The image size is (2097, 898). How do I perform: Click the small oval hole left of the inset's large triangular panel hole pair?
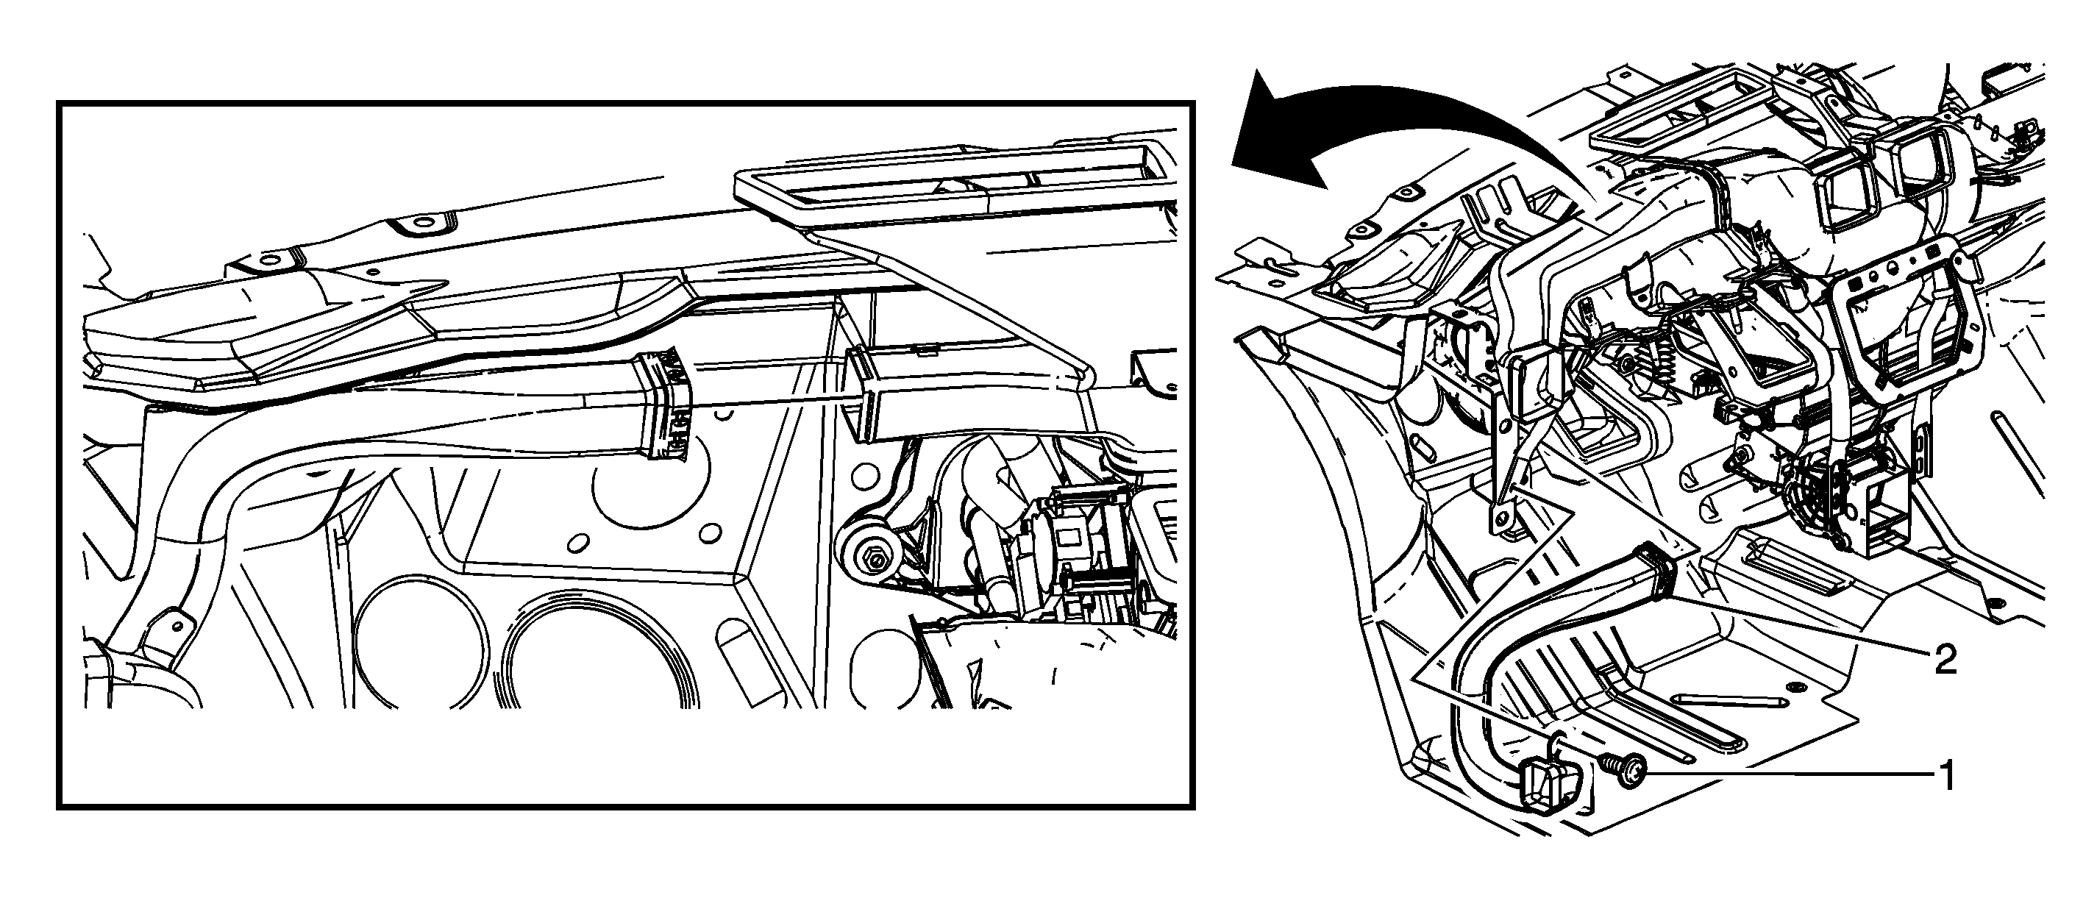(x=578, y=542)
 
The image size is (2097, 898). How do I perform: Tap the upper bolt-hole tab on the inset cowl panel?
(x=420, y=221)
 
